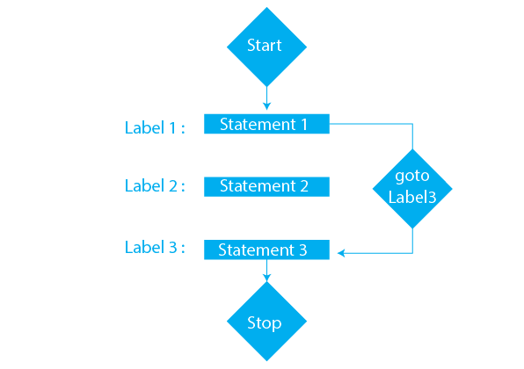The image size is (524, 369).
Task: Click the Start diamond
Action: pos(266,46)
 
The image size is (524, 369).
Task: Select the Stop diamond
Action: pos(266,322)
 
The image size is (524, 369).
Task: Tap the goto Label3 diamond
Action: pos(411,187)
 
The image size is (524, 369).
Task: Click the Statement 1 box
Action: pos(266,124)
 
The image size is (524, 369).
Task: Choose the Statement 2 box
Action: pos(266,186)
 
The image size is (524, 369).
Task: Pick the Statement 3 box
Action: pos(266,250)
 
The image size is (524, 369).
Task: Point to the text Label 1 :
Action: pos(155,127)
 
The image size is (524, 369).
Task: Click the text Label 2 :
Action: pos(155,185)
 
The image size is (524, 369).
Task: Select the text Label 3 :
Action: pos(155,247)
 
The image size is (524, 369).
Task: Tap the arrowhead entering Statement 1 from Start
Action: pos(266,108)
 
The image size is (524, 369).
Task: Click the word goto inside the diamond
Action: pos(411,177)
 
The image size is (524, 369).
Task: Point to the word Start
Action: pos(265,46)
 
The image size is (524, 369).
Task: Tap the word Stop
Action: pos(265,322)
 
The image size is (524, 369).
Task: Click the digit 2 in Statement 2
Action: pos(303,186)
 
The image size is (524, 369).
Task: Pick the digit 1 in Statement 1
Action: pos(303,124)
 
